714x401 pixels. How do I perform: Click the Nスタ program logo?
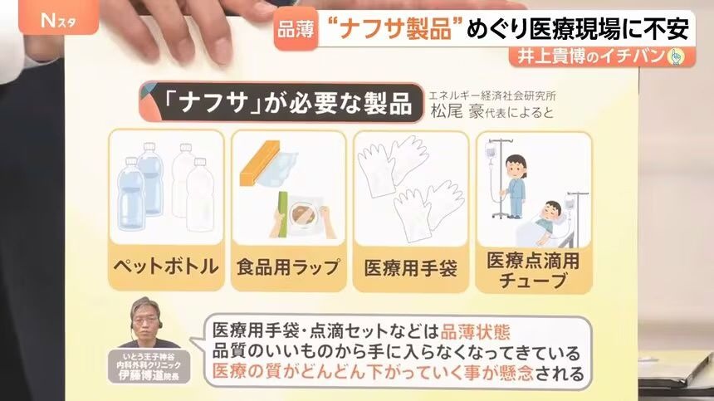coord(58,20)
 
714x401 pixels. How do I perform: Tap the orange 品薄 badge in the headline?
coord(296,30)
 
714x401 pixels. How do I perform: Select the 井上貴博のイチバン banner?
coord(602,56)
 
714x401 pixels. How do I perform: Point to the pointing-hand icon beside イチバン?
coord(675,57)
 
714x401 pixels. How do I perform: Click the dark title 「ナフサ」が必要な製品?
coord(288,102)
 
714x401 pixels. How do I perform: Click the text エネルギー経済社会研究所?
coord(491,95)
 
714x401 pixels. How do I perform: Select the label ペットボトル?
coord(166,266)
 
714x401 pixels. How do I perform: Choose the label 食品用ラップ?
coord(288,267)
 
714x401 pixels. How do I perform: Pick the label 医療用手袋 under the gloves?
coord(411,267)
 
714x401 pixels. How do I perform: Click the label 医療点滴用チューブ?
coord(533,270)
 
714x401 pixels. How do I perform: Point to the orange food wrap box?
coord(260,164)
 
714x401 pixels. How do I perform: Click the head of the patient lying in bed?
coord(552,210)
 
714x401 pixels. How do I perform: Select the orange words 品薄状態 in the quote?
coord(475,332)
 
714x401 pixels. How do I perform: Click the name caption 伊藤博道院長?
coord(149,375)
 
